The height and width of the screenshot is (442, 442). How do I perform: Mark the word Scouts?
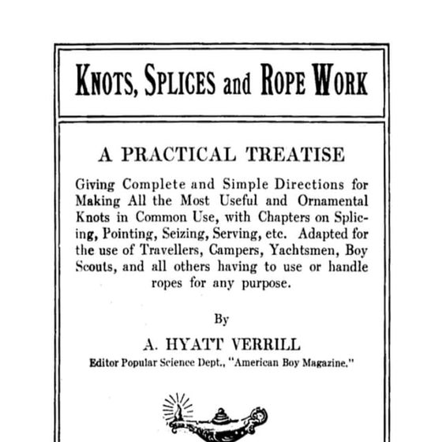pos(95,267)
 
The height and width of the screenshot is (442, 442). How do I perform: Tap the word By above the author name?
pos(222,319)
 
